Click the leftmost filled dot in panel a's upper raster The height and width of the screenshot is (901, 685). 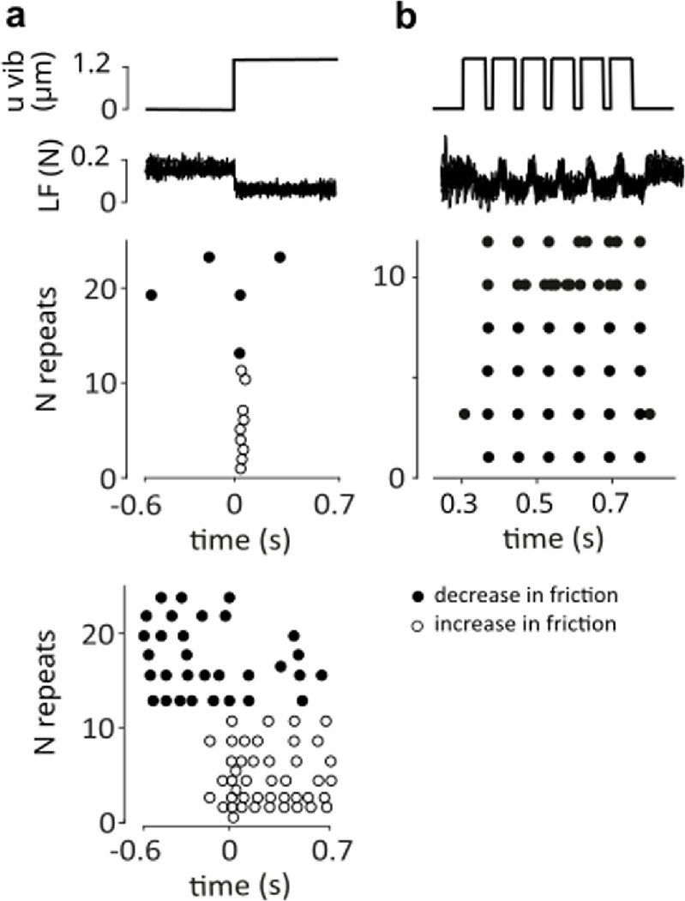click(151, 295)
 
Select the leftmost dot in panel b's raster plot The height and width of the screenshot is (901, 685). click(464, 414)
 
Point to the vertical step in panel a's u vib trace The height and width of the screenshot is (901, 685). click(235, 84)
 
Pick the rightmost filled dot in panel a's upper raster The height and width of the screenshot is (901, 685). click(279, 257)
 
